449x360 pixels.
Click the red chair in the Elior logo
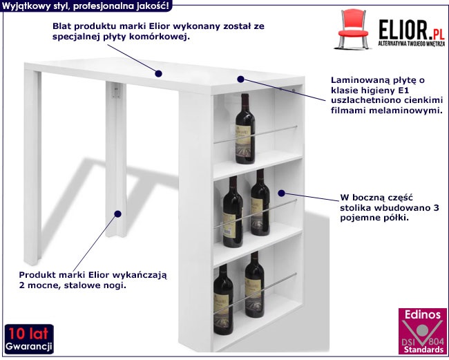coord(353,29)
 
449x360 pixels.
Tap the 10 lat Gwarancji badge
coord(29,339)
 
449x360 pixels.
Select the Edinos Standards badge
coord(422,331)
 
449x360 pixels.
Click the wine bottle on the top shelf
coord(245,129)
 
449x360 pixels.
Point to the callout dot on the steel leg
coord(117,214)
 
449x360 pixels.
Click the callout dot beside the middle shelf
coord(281,193)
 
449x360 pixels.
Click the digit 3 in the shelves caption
coord(436,207)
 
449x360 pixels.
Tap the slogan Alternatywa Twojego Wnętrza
coord(411,44)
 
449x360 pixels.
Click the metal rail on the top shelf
coord(255,134)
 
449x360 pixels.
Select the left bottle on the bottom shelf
coord(223,299)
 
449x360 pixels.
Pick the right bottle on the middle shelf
coord(260,202)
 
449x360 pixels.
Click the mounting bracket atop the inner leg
coord(116,91)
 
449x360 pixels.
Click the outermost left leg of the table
coord(32,167)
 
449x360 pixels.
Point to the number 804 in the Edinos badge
coord(436,341)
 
